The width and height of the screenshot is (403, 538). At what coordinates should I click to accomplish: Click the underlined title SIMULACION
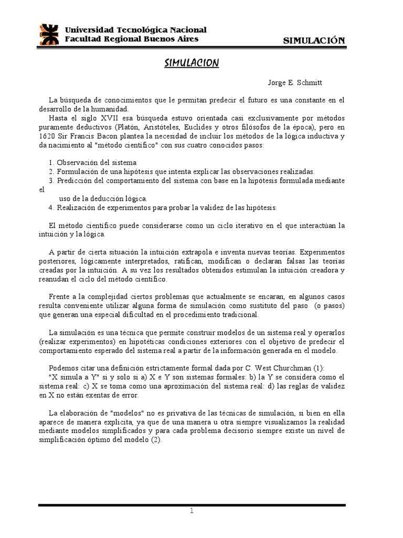tap(191, 64)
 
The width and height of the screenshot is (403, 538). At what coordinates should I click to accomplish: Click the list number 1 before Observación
tap(50, 163)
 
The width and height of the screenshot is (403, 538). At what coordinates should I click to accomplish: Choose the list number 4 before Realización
tap(50, 207)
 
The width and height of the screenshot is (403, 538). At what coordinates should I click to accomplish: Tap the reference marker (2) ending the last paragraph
tap(156, 440)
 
